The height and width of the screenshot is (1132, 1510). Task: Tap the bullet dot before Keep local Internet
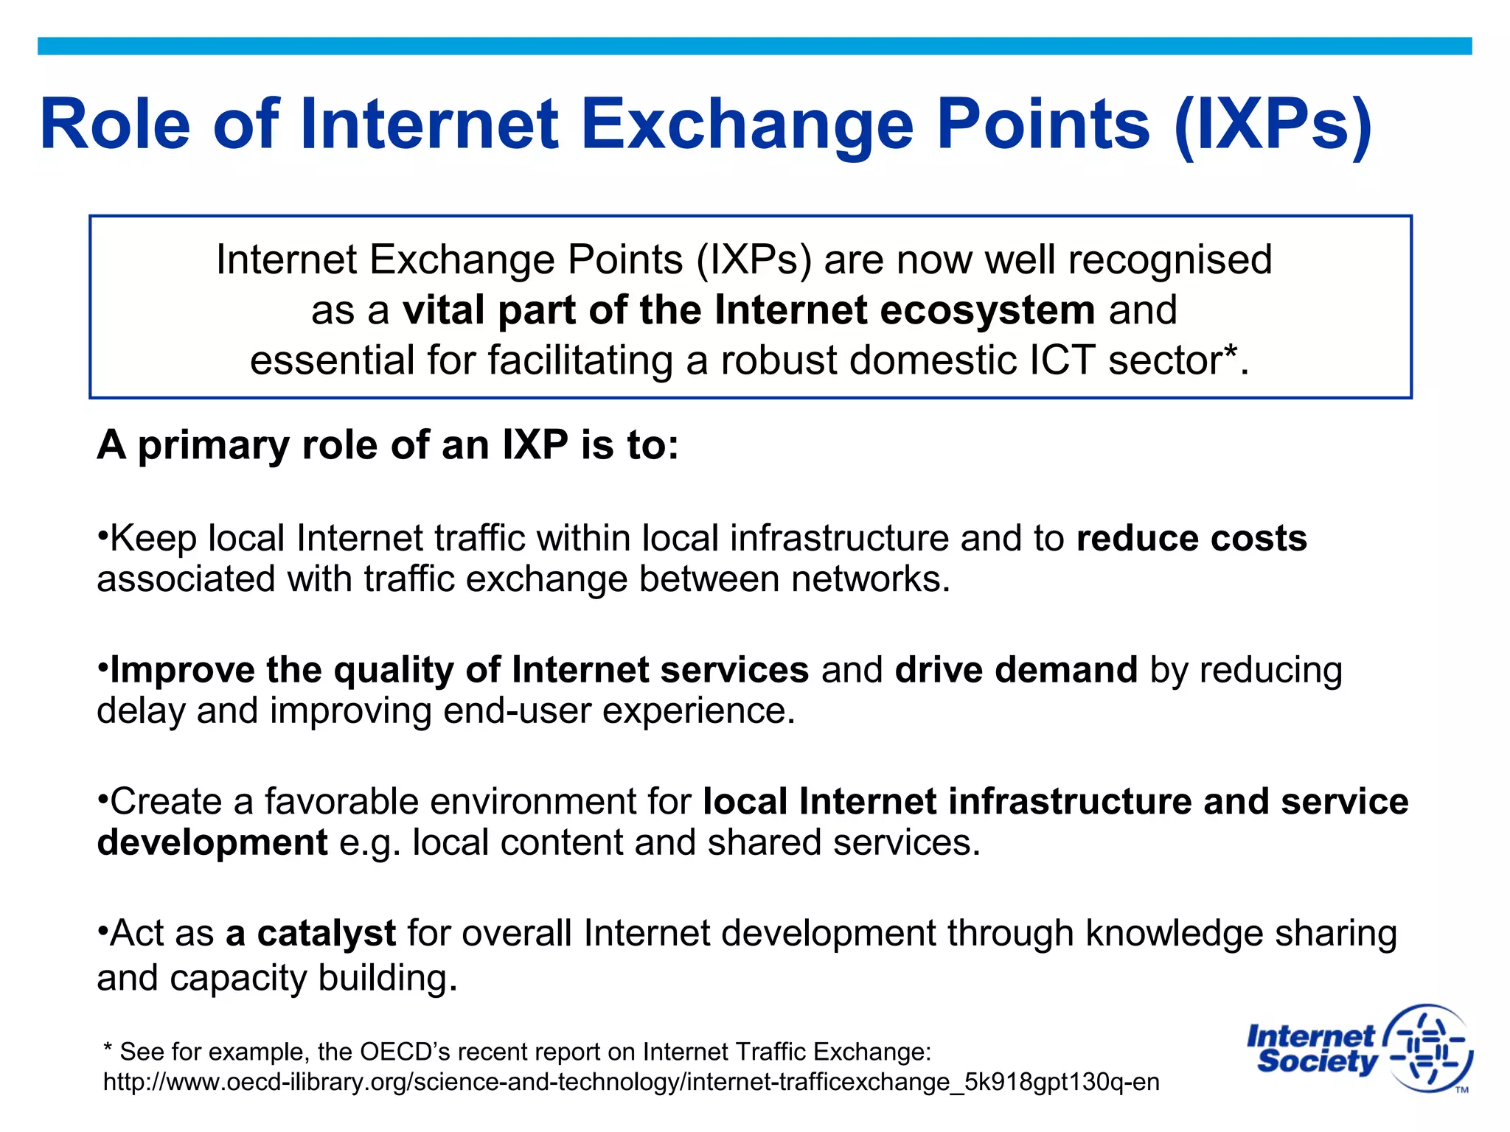click(x=103, y=532)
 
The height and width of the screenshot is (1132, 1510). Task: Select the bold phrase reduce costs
click(x=1191, y=538)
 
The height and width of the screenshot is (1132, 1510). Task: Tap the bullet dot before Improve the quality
click(x=103, y=663)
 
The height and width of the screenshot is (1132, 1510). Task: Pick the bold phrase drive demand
click(x=1016, y=670)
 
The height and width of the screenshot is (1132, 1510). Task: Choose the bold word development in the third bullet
click(x=212, y=843)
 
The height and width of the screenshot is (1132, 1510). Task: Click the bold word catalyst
click(x=326, y=934)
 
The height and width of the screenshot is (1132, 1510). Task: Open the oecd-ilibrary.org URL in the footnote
click(x=631, y=1082)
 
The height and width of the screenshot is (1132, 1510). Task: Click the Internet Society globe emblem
click(x=1429, y=1048)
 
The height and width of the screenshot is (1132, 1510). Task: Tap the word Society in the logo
click(x=1317, y=1062)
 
